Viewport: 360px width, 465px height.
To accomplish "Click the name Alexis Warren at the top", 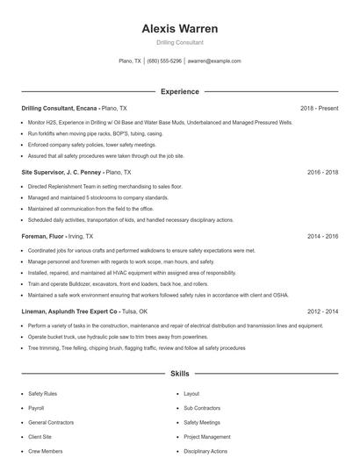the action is [179, 28].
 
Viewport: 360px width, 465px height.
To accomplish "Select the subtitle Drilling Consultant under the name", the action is [179, 42].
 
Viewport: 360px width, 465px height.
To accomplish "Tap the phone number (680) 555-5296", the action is [164, 61].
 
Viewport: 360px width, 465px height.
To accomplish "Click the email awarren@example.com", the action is [214, 61].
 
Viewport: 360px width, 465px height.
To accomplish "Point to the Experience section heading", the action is [179, 91].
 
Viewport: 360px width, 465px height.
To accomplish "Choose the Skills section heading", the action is [179, 374].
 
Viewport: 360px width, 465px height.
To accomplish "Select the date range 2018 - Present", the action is [319, 108].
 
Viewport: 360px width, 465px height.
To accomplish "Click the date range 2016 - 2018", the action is [322, 173].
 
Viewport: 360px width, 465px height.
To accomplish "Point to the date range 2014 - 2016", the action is [322, 237].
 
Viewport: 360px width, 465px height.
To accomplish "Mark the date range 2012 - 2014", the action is [322, 311].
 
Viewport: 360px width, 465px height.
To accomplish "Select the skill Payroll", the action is [36, 408].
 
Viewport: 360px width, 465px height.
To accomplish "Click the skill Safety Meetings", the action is [201, 422].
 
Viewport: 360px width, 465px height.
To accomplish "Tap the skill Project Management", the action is [207, 436].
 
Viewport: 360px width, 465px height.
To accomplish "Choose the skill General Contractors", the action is [49, 422].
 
